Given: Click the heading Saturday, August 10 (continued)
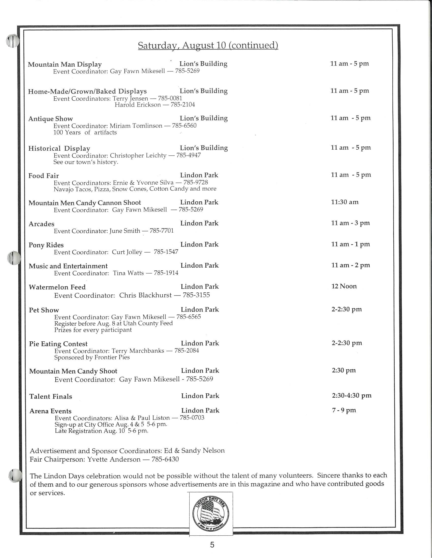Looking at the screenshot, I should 208,45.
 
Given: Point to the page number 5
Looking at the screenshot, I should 212,545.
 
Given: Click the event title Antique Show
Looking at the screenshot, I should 51,119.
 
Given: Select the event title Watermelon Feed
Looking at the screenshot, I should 57,287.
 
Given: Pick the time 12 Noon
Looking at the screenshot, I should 344,286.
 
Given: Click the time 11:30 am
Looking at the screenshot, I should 345,202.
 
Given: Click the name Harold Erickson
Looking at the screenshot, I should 137,105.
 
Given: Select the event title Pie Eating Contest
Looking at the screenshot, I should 58,344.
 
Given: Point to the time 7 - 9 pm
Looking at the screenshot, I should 344,410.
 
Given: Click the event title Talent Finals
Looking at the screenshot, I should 51,396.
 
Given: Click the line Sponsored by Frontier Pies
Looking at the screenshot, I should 92,357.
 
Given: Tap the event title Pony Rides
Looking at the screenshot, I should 46,245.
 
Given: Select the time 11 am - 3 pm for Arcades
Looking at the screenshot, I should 350,223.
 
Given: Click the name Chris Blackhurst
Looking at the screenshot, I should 145,295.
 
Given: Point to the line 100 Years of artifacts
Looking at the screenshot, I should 85,132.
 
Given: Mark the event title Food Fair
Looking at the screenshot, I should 43,176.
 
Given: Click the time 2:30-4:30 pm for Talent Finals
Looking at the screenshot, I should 352,395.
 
